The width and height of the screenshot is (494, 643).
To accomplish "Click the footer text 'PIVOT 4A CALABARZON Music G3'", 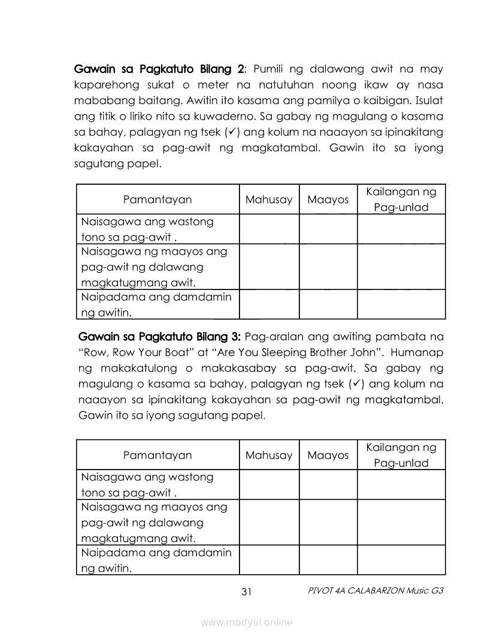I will pyautogui.click(x=375, y=591).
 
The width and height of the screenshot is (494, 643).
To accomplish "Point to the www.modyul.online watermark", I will pyautogui.click(x=247, y=623).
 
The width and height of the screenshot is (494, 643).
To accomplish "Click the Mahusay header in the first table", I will pyautogui.click(x=269, y=200).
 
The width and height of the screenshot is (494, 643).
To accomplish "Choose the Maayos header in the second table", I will pyautogui.click(x=328, y=455).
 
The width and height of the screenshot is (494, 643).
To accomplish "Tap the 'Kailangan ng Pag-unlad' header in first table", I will pyautogui.click(x=401, y=200).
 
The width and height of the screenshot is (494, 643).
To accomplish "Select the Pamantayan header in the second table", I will pyautogui.click(x=157, y=455).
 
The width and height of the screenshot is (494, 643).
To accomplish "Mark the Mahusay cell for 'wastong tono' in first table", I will pyautogui.click(x=269, y=229).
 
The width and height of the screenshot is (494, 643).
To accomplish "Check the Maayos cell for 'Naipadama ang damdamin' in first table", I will pyautogui.click(x=328, y=304).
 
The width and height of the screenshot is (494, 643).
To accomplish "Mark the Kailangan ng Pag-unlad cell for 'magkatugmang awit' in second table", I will pyautogui.click(x=401, y=522).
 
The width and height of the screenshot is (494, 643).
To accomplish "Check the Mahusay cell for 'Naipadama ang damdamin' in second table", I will pyautogui.click(x=269, y=560).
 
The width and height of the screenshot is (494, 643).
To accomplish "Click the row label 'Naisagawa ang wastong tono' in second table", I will pyautogui.click(x=147, y=485).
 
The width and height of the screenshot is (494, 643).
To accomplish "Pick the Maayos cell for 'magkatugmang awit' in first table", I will pyautogui.click(x=328, y=267).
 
